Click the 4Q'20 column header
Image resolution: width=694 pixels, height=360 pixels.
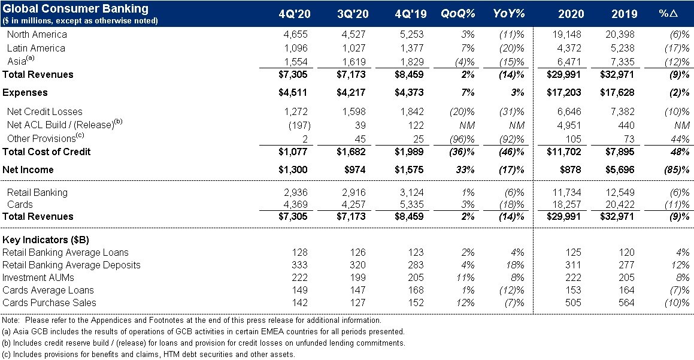pyautogui.click(x=295, y=14)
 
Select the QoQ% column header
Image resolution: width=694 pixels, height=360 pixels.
pyautogui.click(x=457, y=14)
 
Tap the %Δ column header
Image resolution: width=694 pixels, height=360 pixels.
pyautogui.click(x=668, y=14)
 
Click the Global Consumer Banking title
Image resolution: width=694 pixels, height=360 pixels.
pyautogui.click(x=75, y=8)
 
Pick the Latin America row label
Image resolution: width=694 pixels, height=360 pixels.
pyautogui.click(x=36, y=48)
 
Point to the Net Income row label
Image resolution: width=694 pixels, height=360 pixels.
pyautogui.click(x=28, y=170)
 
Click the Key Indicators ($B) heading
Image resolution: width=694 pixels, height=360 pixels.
pyautogui.click(x=46, y=240)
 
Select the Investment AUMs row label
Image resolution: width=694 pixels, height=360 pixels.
pyautogui.click(x=38, y=278)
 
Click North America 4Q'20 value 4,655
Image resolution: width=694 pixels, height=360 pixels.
pyautogui.click(x=295, y=35)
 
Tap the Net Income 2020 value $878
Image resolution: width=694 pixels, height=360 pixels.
pyautogui.click(x=571, y=170)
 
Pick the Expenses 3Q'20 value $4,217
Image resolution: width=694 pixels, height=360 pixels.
pyautogui.click(x=351, y=93)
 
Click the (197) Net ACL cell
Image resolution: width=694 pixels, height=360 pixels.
pyautogui.click(x=299, y=125)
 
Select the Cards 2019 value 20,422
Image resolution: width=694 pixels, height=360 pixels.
pyautogui.click(x=620, y=205)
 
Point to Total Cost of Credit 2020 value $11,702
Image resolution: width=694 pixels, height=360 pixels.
pyautogui.click(x=564, y=152)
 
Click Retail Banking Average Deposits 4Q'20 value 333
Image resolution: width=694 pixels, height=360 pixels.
pyautogui.click(x=299, y=265)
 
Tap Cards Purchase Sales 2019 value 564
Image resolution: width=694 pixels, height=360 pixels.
pyautogui.click(x=626, y=303)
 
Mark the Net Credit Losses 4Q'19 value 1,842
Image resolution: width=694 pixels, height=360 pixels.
pyautogui.click(x=411, y=111)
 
